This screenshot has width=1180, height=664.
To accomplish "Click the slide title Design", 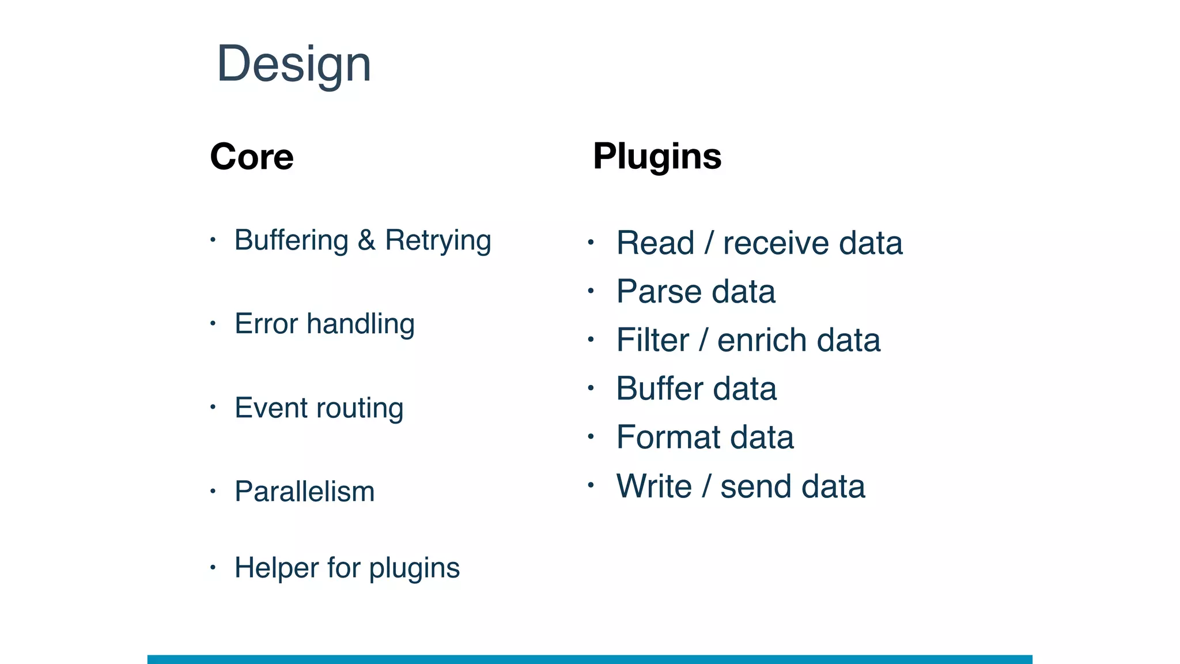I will point(294,65).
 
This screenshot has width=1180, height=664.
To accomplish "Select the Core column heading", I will point(252,156).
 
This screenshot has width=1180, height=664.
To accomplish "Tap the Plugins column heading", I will point(657,156).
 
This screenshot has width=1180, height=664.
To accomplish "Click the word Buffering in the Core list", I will point(292,240).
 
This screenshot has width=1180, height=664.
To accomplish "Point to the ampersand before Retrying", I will point(366,240).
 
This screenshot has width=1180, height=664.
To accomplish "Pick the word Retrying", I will point(438,242).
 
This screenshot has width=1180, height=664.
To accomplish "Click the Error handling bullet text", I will point(324,324).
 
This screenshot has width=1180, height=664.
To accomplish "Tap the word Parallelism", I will point(304,492).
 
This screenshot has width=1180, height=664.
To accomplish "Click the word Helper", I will point(277,568).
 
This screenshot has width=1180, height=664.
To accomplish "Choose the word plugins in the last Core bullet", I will point(414,569).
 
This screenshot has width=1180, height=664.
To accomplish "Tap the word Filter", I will point(652,340).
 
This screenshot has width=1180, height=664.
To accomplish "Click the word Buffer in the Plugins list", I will point(659,388).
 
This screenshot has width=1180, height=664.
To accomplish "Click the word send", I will point(755,486).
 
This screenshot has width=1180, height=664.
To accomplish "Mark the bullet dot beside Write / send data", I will point(591,485).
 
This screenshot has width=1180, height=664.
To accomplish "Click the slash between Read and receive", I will point(709,243).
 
